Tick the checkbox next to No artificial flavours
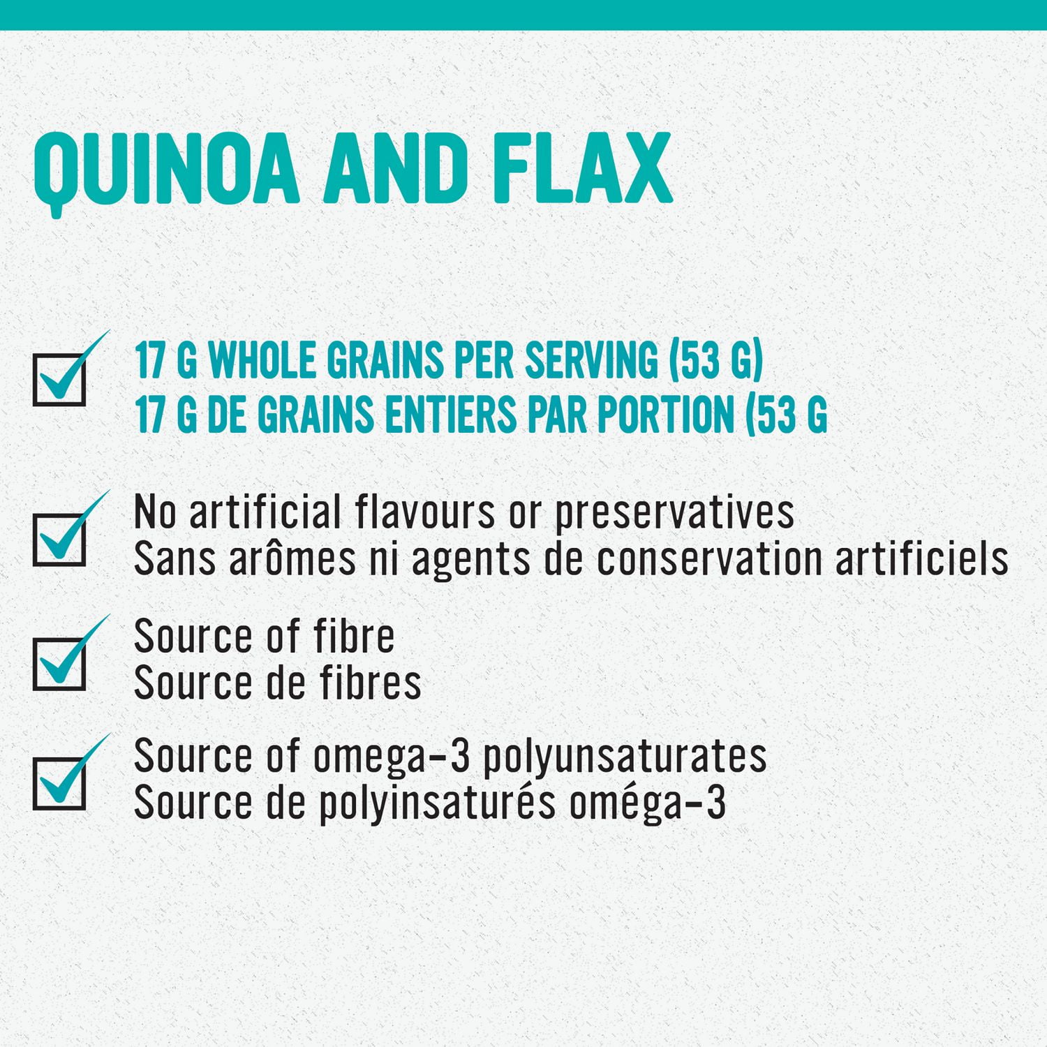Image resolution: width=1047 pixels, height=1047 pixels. tap(59, 540)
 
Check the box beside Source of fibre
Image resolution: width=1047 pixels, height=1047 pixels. tap(59, 664)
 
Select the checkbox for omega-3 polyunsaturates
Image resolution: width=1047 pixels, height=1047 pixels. tap(59, 783)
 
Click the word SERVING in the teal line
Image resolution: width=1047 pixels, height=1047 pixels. tap(591, 361)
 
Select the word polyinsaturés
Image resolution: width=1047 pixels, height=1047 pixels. tap(437, 803)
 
